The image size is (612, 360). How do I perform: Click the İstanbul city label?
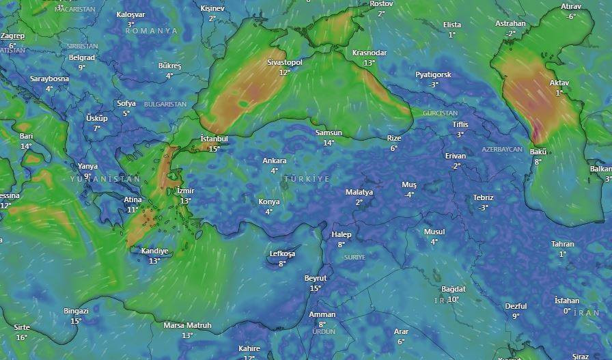[x=214, y=139]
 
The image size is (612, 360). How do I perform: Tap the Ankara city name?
[x=275, y=161]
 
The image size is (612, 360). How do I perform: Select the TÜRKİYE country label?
[x=305, y=178]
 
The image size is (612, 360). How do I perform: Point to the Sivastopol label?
[x=284, y=62]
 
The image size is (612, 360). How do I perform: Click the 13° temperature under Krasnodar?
[x=370, y=62]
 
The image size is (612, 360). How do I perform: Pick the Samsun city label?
[x=329, y=133]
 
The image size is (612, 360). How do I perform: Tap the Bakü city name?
[x=538, y=152]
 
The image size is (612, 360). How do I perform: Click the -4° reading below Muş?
[x=409, y=195]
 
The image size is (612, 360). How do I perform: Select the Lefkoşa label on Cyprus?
[x=282, y=253]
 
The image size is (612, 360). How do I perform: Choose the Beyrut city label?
[x=316, y=278]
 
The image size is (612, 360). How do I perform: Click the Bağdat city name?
[x=454, y=289]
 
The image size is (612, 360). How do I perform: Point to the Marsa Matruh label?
[x=187, y=325]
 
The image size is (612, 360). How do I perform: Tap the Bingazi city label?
[x=76, y=311]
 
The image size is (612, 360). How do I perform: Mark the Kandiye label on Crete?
[x=154, y=251]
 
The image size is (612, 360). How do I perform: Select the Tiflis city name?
[x=460, y=124]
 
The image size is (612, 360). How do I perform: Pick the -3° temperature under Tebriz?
[x=484, y=207]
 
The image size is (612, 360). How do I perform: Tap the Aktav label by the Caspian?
[x=559, y=83]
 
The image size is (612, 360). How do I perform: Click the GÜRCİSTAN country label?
[x=440, y=113]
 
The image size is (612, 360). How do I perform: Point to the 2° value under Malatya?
[x=359, y=202]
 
